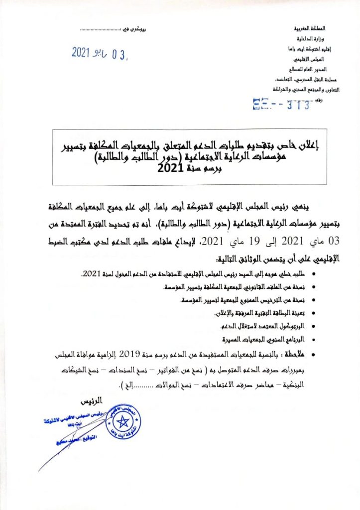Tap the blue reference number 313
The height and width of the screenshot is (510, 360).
tap(299, 105)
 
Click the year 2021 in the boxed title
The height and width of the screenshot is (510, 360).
tap(168, 168)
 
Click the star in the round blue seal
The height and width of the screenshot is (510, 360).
tap(123, 424)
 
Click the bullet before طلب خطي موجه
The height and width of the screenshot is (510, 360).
tap(313, 274)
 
